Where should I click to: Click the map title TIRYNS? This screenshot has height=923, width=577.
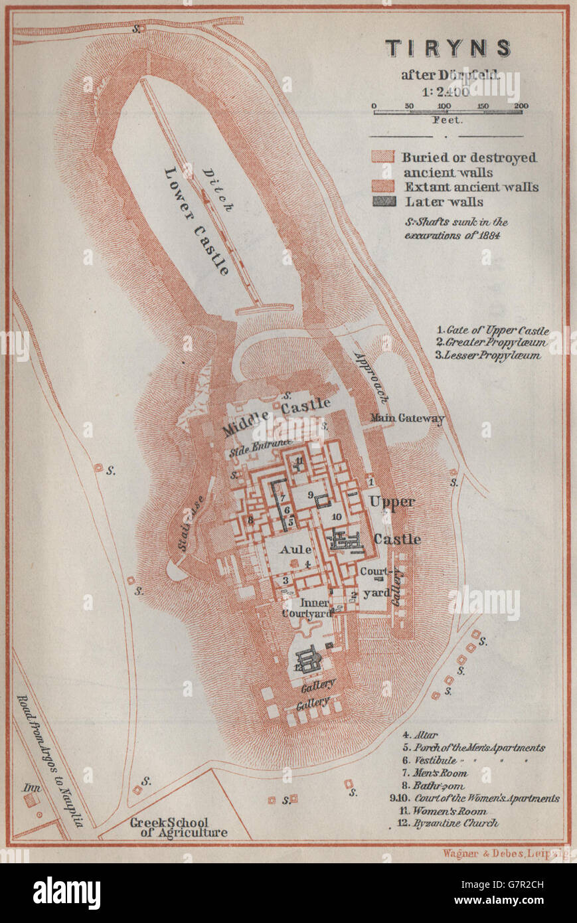(449, 48)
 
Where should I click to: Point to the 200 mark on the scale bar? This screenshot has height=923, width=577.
(521, 106)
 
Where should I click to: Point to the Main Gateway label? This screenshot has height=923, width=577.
(407, 418)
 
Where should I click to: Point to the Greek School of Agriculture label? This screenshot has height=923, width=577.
(178, 827)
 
